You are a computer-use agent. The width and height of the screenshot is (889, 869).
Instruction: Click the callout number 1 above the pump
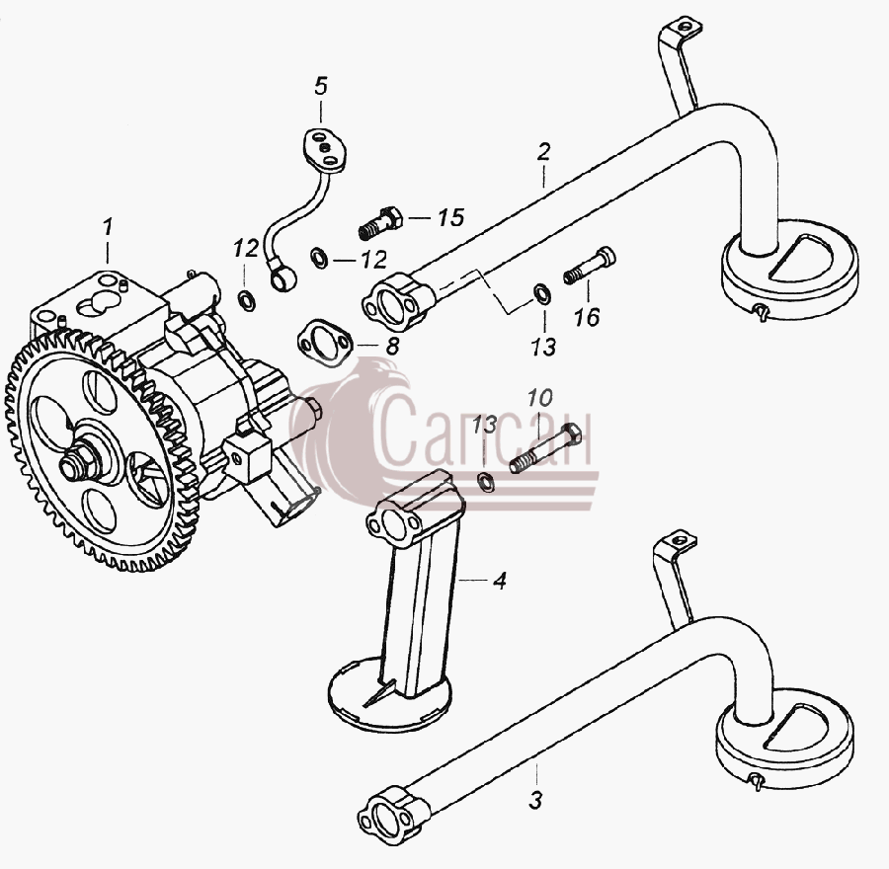(108, 227)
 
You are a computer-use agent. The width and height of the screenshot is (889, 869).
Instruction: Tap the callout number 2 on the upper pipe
(543, 152)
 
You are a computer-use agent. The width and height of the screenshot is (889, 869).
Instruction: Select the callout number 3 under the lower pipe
(535, 800)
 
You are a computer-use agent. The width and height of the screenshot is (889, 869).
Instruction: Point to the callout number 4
(500, 581)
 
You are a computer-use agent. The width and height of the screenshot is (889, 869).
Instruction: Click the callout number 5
(321, 86)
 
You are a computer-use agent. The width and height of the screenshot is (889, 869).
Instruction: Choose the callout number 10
(539, 398)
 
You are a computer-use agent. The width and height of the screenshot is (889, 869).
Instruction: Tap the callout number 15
(450, 217)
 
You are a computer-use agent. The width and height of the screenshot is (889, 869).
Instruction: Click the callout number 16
(587, 317)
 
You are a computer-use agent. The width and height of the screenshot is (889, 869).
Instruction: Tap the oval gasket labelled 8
(325, 344)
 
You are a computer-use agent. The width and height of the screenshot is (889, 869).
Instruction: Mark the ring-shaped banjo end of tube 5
(282, 276)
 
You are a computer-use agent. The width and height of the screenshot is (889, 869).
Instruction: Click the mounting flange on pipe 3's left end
(393, 814)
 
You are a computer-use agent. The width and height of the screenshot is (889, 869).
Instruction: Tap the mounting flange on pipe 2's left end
(397, 303)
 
